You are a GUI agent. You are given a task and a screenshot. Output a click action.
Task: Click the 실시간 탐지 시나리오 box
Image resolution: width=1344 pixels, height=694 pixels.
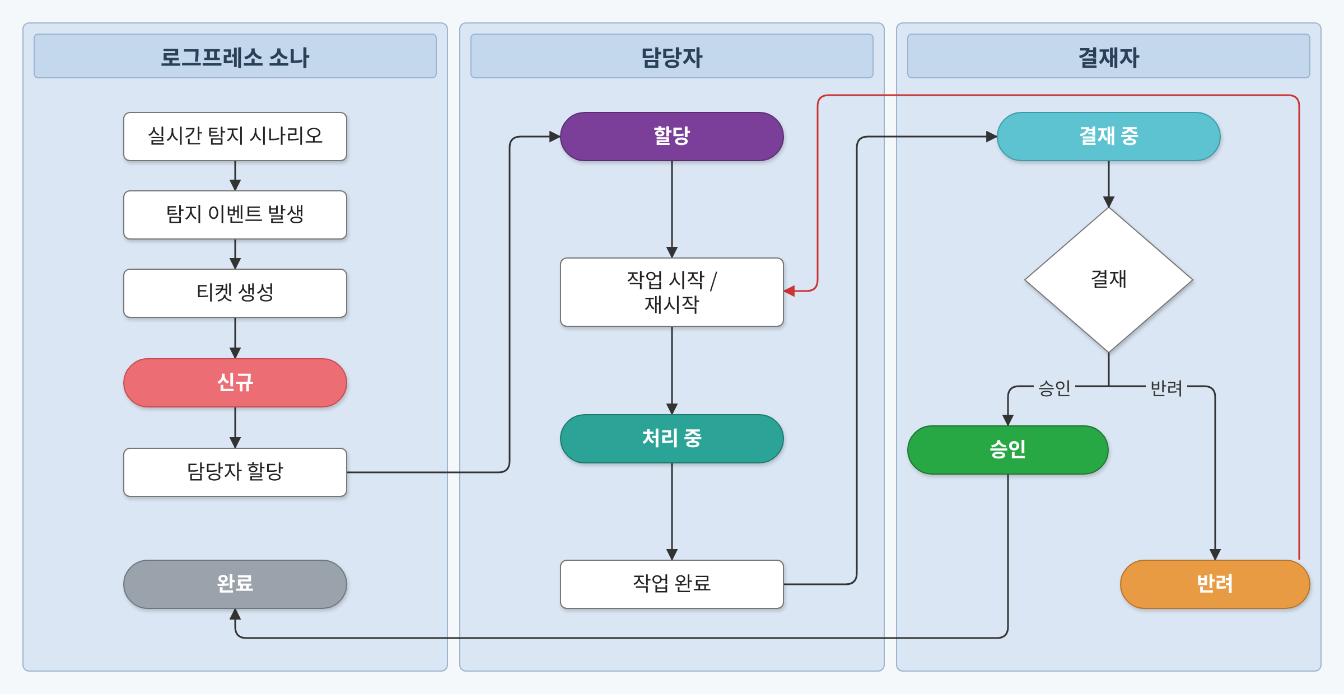(x=235, y=137)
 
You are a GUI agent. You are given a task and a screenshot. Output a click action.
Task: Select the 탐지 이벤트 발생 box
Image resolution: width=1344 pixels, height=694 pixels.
(x=235, y=215)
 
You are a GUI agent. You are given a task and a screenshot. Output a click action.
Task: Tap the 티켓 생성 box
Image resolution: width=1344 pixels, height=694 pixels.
(x=235, y=293)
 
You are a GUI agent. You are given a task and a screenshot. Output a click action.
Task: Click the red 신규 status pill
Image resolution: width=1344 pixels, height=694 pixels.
(x=235, y=383)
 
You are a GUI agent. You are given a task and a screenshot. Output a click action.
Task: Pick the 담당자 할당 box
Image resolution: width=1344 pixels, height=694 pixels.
(x=235, y=472)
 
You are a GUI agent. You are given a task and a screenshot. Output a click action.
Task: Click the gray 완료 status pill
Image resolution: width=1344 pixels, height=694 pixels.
(x=235, y=584)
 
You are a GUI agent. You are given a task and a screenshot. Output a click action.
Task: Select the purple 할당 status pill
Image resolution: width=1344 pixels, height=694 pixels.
(x=671, y=137)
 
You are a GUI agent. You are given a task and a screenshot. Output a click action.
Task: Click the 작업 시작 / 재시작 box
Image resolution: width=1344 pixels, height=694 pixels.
(x=671, y=292)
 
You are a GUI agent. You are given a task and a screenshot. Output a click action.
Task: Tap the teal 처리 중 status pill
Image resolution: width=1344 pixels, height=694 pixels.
(x=671, y=438)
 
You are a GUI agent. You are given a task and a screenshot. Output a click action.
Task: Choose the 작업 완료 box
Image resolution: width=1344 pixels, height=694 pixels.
(x=671, y=584)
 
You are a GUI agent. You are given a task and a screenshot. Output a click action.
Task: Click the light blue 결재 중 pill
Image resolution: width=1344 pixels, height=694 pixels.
(x=1108, y=137)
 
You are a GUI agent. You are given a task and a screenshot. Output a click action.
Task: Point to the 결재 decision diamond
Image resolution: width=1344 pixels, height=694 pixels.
(x=1108, y=280)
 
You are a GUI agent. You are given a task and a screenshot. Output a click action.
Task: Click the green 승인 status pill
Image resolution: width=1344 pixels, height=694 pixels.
(x=1007, y=449)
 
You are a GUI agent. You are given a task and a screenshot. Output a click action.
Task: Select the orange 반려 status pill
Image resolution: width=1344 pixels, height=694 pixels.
(x=1215, y=584)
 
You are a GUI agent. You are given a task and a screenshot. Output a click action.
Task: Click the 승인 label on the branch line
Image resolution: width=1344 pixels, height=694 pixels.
(x=1054, y=387)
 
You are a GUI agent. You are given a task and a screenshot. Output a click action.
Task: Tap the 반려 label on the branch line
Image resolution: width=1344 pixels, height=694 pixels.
(x=1166, y=387)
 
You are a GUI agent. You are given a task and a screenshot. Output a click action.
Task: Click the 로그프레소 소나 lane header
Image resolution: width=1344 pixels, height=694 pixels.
(x=235, y=57)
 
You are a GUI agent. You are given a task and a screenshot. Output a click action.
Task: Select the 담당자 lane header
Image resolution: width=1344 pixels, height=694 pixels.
(x=671, y=57)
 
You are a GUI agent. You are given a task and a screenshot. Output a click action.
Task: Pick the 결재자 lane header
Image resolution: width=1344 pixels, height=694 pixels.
(x=1108, y=57)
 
